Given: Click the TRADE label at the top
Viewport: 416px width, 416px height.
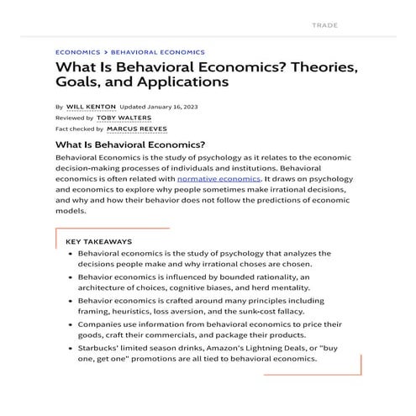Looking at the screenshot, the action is (324, 25).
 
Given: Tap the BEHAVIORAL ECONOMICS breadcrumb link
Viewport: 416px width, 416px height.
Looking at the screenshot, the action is (157, 52).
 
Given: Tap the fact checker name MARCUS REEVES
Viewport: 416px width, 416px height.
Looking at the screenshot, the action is (137, 129).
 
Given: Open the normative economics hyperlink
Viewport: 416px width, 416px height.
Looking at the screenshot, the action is (219, 179).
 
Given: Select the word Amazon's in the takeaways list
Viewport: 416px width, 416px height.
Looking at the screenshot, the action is (216, 346).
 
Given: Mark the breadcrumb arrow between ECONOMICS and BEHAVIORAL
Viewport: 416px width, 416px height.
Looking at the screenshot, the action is (106, 52).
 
